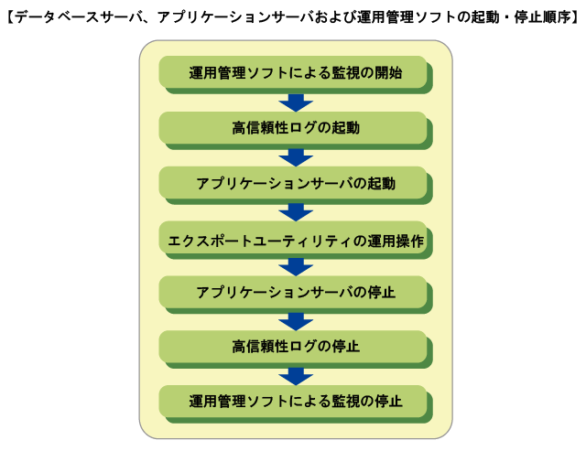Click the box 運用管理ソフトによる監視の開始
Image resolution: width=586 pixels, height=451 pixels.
click(293, 72)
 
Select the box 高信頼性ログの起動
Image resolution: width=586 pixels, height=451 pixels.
click(293, 127)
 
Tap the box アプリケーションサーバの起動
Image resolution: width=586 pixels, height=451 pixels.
click(293, 183)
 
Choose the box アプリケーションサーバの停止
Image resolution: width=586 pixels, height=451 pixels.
click(293, 293)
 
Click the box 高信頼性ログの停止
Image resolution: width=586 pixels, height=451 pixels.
click(293, 347)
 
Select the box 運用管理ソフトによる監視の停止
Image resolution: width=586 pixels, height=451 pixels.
click(293, 402)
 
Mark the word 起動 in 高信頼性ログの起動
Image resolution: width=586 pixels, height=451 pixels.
click(345, 127)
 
